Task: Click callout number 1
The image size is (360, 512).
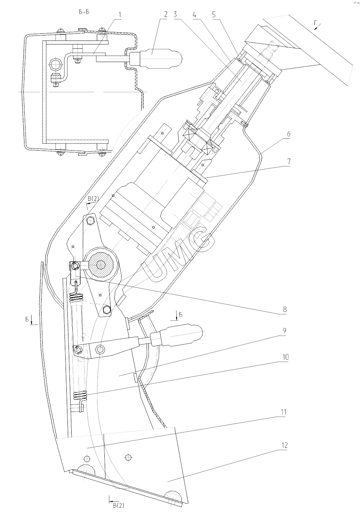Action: (x=119, y=15)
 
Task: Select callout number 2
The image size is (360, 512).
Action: (x=166, y=15)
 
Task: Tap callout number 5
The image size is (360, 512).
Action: (x=213, y=15)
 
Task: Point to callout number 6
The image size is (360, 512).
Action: (x=288, y=134)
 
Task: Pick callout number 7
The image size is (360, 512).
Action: (x=289, y=162)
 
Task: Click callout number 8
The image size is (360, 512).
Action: (x=285, y=309)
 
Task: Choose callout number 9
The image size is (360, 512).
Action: (x=284, y=331)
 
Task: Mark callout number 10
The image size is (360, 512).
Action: (x=285, y=357)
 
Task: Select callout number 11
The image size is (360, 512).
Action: (x=283, y=412)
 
